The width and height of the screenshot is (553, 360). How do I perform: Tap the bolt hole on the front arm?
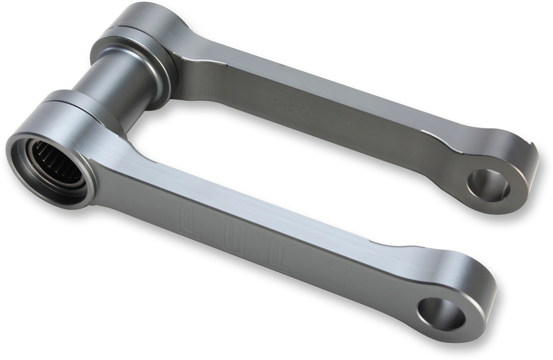click(x=441, y=314)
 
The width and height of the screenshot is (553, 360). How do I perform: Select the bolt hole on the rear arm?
click(x=488, y=185)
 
